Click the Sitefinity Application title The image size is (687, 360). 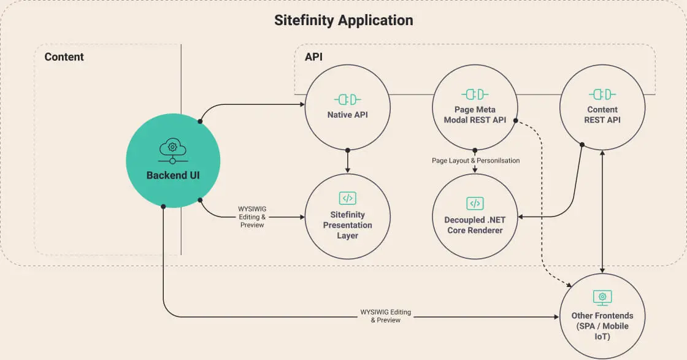point(343,20)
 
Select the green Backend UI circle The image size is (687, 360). point(173,161)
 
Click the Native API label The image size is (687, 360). point(348,114)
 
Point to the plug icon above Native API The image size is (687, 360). point(348,99)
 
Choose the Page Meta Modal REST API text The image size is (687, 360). point(475,115)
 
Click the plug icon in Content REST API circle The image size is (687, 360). point(602,94)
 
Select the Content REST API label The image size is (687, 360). point(602,115)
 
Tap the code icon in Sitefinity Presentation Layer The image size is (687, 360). point(348,198)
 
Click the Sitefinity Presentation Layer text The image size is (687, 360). point(348,225)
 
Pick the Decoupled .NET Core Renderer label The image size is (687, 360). point(475,225)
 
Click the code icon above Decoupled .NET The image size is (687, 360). point(475,204)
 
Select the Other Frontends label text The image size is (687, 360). point(602,326)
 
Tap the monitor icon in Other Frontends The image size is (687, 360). point(602,298)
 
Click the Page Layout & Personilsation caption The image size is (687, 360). point(475,161)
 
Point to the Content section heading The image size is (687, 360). point(64,57)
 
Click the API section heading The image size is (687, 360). point(313,57)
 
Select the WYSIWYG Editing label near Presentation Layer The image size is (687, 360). point(252,217)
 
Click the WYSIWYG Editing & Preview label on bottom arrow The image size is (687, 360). point(385,316)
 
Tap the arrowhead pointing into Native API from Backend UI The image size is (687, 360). point(302,104)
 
